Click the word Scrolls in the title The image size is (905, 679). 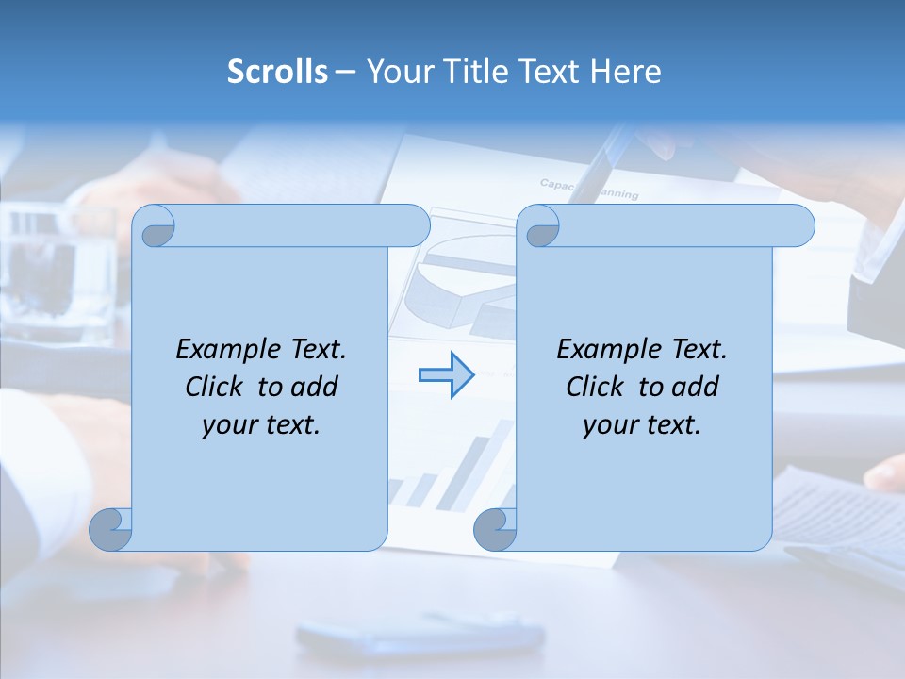tap(277, 72)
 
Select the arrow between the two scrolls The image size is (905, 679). tap(446, 375)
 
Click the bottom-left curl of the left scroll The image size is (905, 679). tap(110, 529)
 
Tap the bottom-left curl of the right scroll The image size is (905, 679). tap(495, 529)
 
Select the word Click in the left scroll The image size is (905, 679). tap(217, 388)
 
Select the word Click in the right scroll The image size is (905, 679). tap(598, 388)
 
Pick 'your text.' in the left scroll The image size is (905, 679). tap(261, 425)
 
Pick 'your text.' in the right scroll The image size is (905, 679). tap(642, 425)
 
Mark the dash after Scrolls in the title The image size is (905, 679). tap(345, 72)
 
